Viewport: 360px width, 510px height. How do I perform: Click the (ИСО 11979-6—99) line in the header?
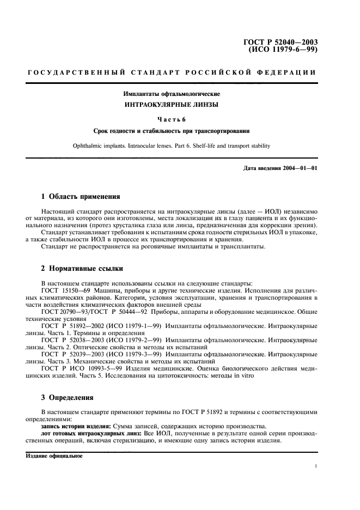[x=283, y=50]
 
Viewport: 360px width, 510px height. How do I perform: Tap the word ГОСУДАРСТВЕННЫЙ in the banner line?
[x=73, y=72]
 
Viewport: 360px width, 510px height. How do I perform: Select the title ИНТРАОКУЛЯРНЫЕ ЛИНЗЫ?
[x=172, y=105]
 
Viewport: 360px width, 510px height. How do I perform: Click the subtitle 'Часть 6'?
[x=172, y=119]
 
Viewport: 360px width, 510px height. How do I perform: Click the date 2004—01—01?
[x=299, y=168]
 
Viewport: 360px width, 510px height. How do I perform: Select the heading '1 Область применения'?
[x=81, y=196]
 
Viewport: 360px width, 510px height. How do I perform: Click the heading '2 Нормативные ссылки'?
[x=82, y=269]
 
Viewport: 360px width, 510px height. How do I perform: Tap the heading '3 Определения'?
[x=68, y=397]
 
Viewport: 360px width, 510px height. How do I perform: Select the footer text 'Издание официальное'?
[x=54, y=456]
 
